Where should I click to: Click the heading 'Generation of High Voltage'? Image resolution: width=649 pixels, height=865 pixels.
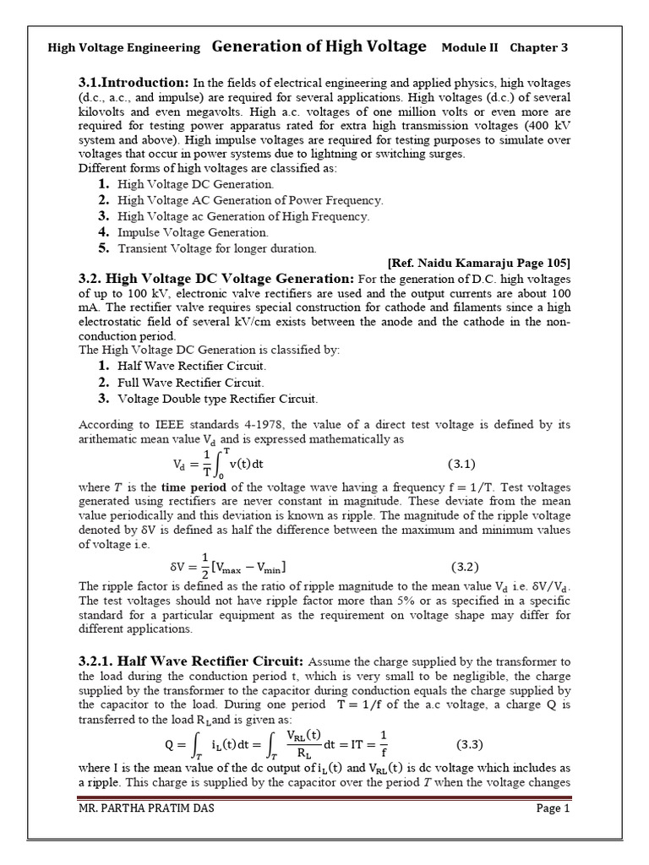pyautogui.click(x=319, y=47)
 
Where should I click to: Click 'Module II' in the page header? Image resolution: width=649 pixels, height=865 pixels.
pyautogui.click(x=470, y=48)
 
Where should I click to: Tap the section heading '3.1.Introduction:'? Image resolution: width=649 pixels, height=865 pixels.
pyautogui.click(x=134, y=83)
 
